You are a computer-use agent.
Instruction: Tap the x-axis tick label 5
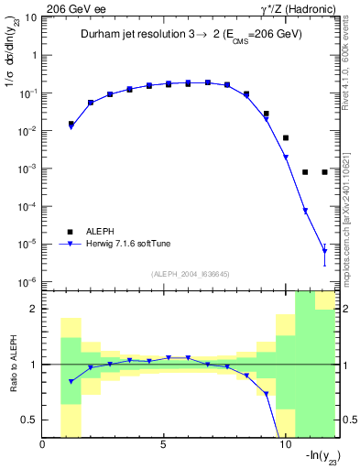coord(163,446)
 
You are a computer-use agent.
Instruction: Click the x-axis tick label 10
coord(284,446)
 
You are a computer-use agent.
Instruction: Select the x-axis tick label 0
coord(43,446)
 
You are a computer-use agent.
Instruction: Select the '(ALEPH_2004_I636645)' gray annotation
coord(189,273)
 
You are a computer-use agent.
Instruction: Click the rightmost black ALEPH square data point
coord(325,172)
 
